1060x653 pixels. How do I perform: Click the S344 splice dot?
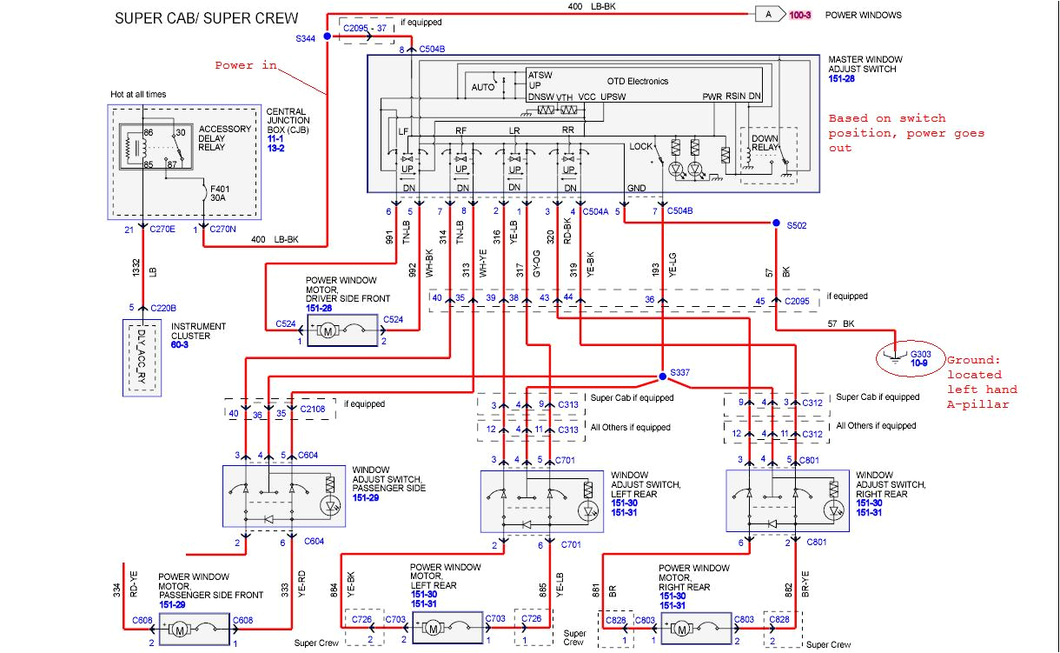pyautogui.click(x=327, y=37)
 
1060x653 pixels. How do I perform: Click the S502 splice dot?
pyautogui.click(x=776, y=224)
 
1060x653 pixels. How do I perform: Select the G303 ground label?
pyautogui.click(x=919, y=354)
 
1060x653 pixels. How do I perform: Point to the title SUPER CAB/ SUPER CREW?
pyautogui.click(x=206, y=18)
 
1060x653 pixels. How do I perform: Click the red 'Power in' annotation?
pyautogui.click(x=246, y=65)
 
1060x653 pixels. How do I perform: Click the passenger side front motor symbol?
pyautogui.click(x=180, y=628)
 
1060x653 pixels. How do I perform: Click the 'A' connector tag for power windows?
pyautogui.click(x=769, y=15)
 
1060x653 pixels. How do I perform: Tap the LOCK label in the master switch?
pyautogui.click(x=641, y=147)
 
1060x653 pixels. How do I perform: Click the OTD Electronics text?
pyautogui.click(x=632, y=81)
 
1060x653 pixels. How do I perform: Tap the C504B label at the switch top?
pyautogui.click(x=432, y=50)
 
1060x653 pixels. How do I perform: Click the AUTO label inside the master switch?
pyautogui.click(x=482, y=88)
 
